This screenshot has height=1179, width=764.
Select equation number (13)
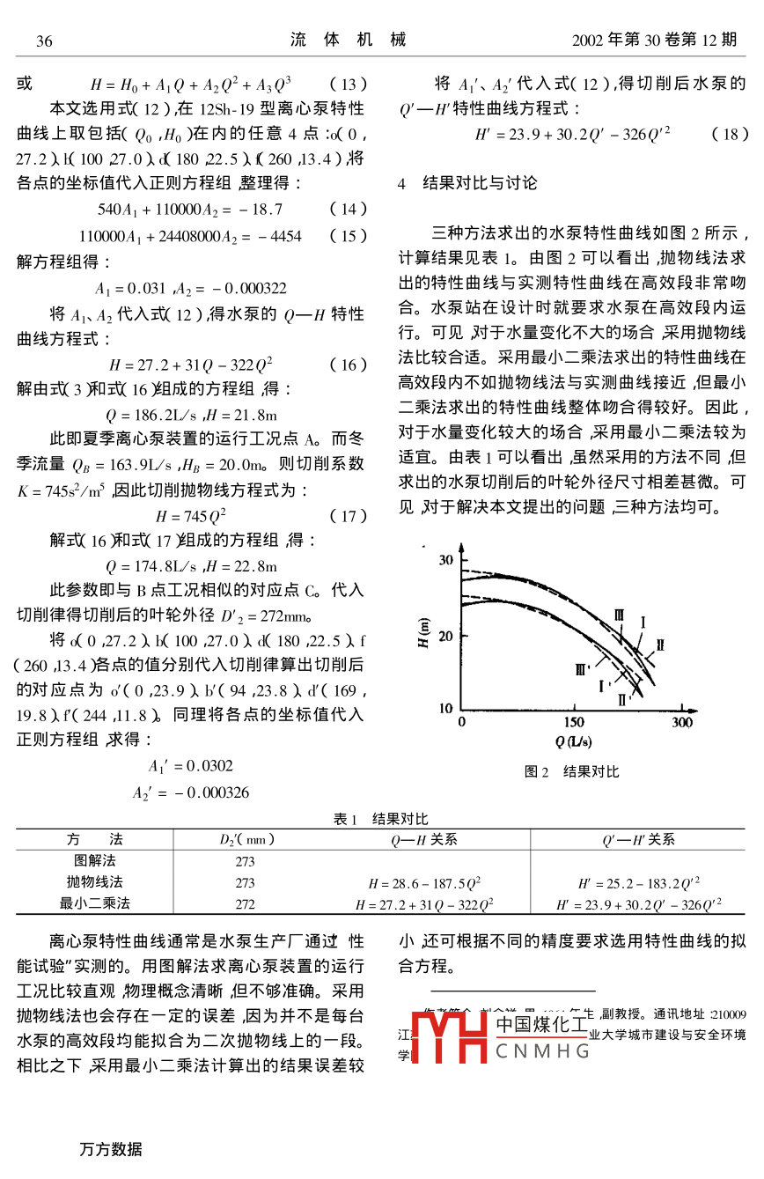[x=348, y=85]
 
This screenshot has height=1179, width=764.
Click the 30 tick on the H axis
[x=446, y=560]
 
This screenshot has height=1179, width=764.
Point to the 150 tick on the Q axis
[x=573, y=723]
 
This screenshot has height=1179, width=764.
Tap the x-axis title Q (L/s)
[x=573, y=741]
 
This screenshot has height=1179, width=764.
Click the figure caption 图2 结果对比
[x=572, y=772]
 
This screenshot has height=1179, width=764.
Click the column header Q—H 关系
[x=424, y=840]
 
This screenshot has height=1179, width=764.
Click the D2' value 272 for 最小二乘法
[x=246, y=903]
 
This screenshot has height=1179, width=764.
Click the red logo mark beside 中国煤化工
[x=450, y=1035]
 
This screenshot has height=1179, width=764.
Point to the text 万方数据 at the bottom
[x=110, y=1149]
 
